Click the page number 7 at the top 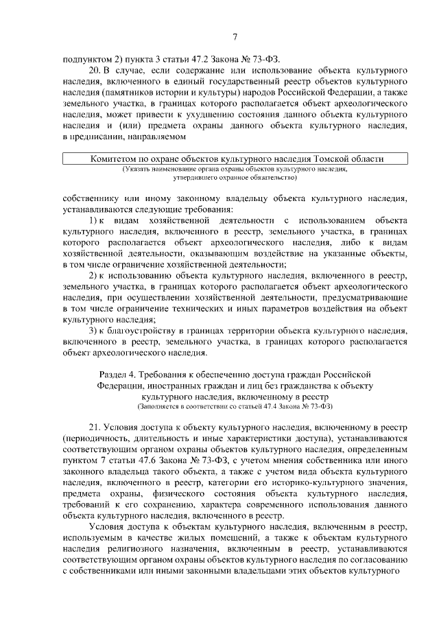point(234,37)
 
